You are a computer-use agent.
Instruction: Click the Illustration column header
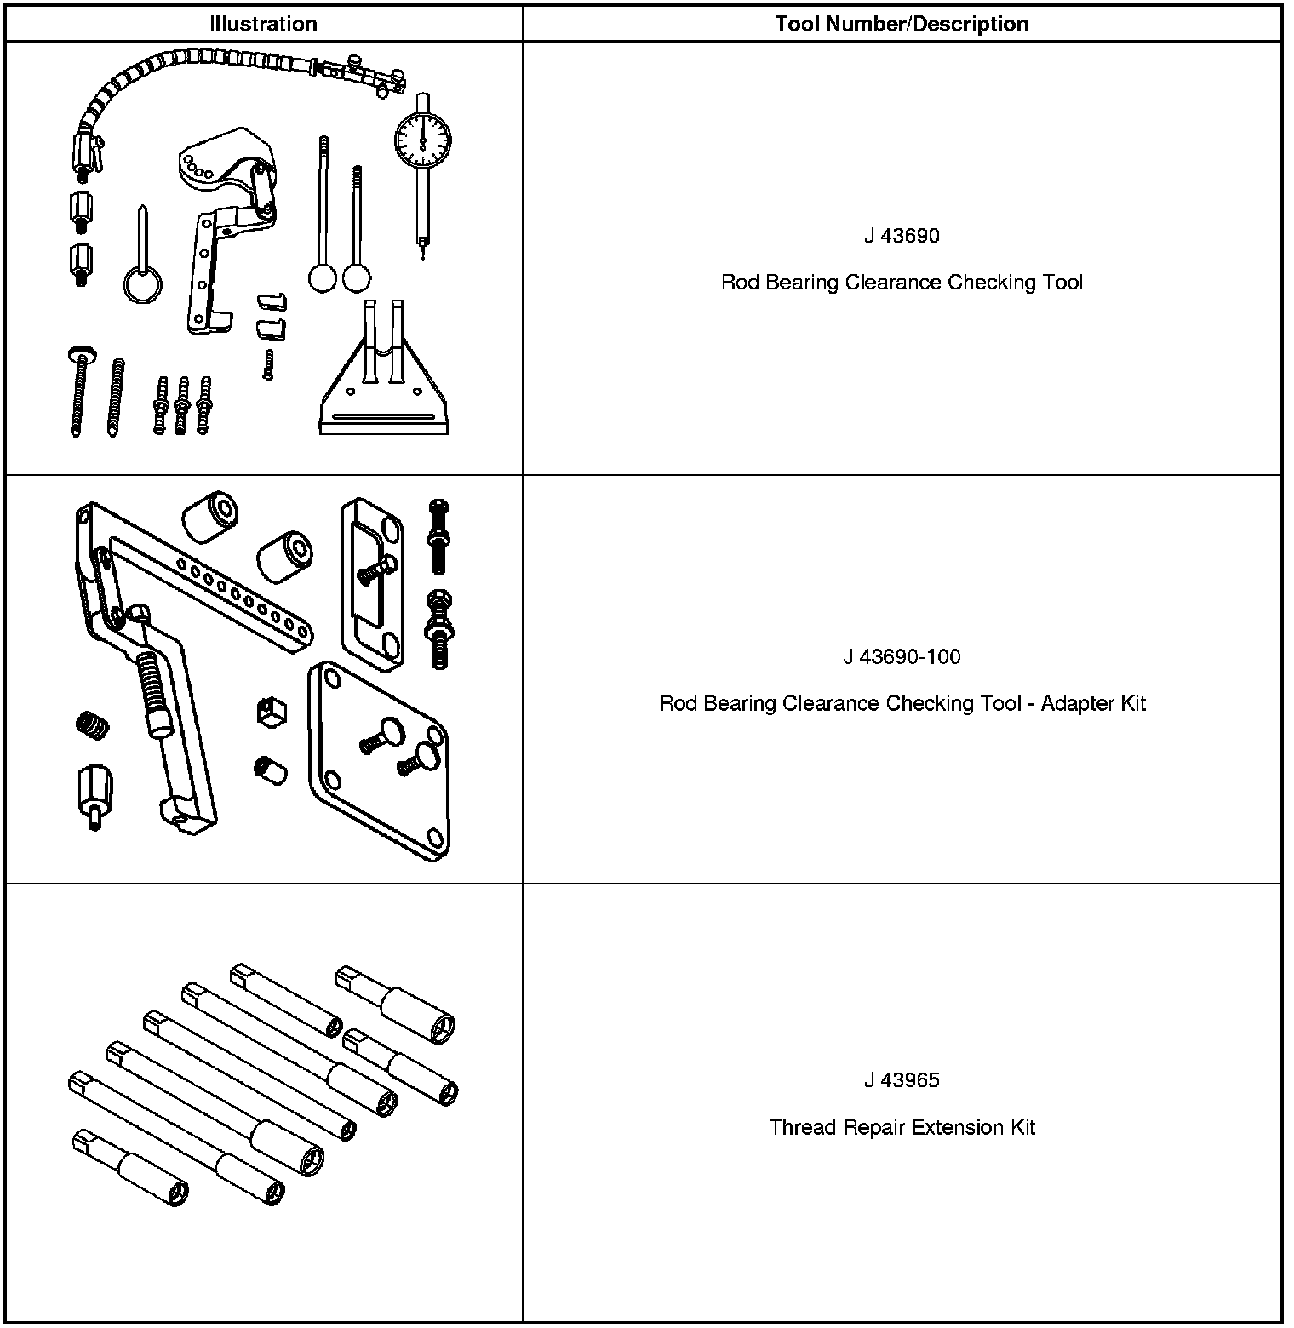point(263,24)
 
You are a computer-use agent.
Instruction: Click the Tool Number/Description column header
point(901,24)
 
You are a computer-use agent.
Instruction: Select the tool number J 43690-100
point(902,656)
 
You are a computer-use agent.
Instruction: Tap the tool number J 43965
point(902,1080)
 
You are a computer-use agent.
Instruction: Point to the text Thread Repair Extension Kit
point(902,1127)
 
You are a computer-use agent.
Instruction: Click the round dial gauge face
point(422,139)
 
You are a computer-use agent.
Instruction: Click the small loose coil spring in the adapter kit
point(94,725)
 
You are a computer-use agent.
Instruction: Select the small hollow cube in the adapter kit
point(271,710)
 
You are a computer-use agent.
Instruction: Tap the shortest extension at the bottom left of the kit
point(130,1167)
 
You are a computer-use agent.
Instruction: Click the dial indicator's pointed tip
point(422,253)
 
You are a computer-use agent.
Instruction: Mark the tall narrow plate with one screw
point(372,583)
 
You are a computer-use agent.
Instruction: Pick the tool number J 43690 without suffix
point(902,235)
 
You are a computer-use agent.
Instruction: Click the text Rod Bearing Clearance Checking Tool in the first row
point(902,282)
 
